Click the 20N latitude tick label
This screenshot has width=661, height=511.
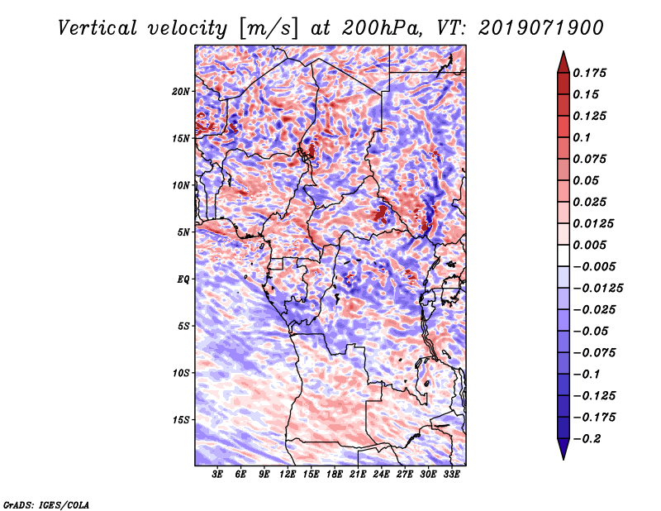[181, 92]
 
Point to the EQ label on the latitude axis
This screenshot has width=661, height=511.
[183, 279]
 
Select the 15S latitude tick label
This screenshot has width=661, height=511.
[181, 420]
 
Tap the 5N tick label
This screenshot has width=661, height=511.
[183, 232]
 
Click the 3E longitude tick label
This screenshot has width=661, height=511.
[217, 474]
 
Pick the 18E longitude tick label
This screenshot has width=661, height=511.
[335, 474]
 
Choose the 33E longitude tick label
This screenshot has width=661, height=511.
[451, 474]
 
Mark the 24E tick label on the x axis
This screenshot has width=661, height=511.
[381, 474]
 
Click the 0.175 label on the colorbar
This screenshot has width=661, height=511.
[589, 73]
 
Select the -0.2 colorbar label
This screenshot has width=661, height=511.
[587, 439]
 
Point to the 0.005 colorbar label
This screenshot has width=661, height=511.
[589, 245]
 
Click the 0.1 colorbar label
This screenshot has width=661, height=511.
[582, 137]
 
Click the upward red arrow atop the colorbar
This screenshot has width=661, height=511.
[564, 62]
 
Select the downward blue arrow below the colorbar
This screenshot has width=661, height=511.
[564, 449]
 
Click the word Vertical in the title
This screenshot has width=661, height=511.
[97, 28]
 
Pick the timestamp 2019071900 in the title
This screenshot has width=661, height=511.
[541, 28]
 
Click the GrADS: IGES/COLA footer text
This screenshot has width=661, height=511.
[46, 504]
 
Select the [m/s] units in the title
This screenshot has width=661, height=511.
[269, 29]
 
